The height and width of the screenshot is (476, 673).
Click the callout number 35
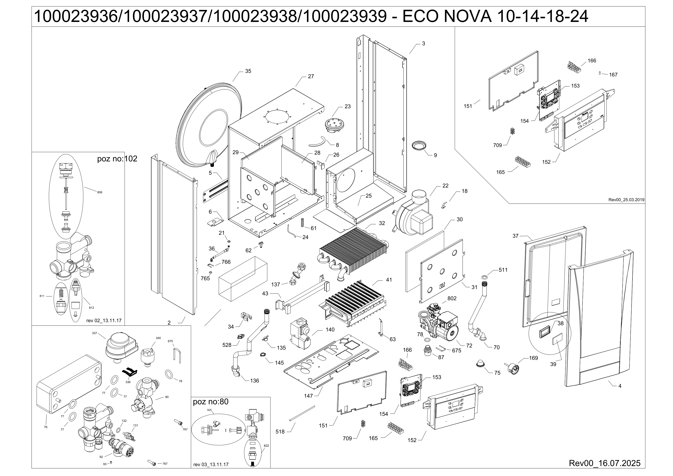[x=248, y=71]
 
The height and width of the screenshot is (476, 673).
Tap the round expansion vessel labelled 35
[x=210, y=123]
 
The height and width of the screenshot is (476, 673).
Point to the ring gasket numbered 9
[x=419, y=145]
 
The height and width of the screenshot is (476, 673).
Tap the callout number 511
[x=503, y=270]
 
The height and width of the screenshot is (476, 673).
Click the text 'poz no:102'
[x=117, y=159]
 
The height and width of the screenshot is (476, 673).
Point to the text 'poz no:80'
[x=210, y=402]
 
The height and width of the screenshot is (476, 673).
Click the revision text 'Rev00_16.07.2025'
[x=604, y=463]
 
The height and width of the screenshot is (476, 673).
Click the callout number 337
[x=94, y=333]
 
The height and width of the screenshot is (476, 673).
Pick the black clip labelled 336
[x=129, y=372]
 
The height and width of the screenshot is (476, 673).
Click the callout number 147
[x=308, y=396]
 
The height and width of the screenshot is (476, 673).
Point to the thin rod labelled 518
[x=302, y=414]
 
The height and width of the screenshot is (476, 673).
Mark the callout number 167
[x=613, y=75]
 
